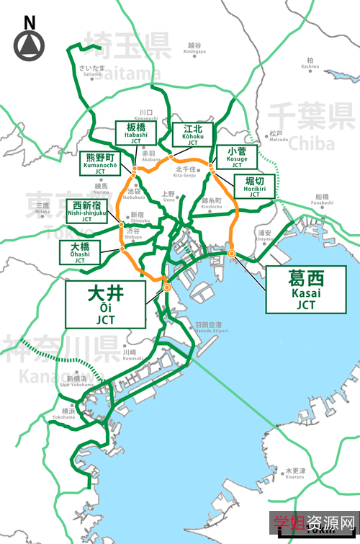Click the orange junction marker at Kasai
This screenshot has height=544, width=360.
point(232,253)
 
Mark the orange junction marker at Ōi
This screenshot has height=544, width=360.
point(167,287)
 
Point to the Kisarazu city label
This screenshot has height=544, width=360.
point(294,473)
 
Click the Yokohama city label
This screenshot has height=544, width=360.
point(63,414)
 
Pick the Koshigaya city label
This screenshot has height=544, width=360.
point(194,48)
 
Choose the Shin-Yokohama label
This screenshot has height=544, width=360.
point(76,381)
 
